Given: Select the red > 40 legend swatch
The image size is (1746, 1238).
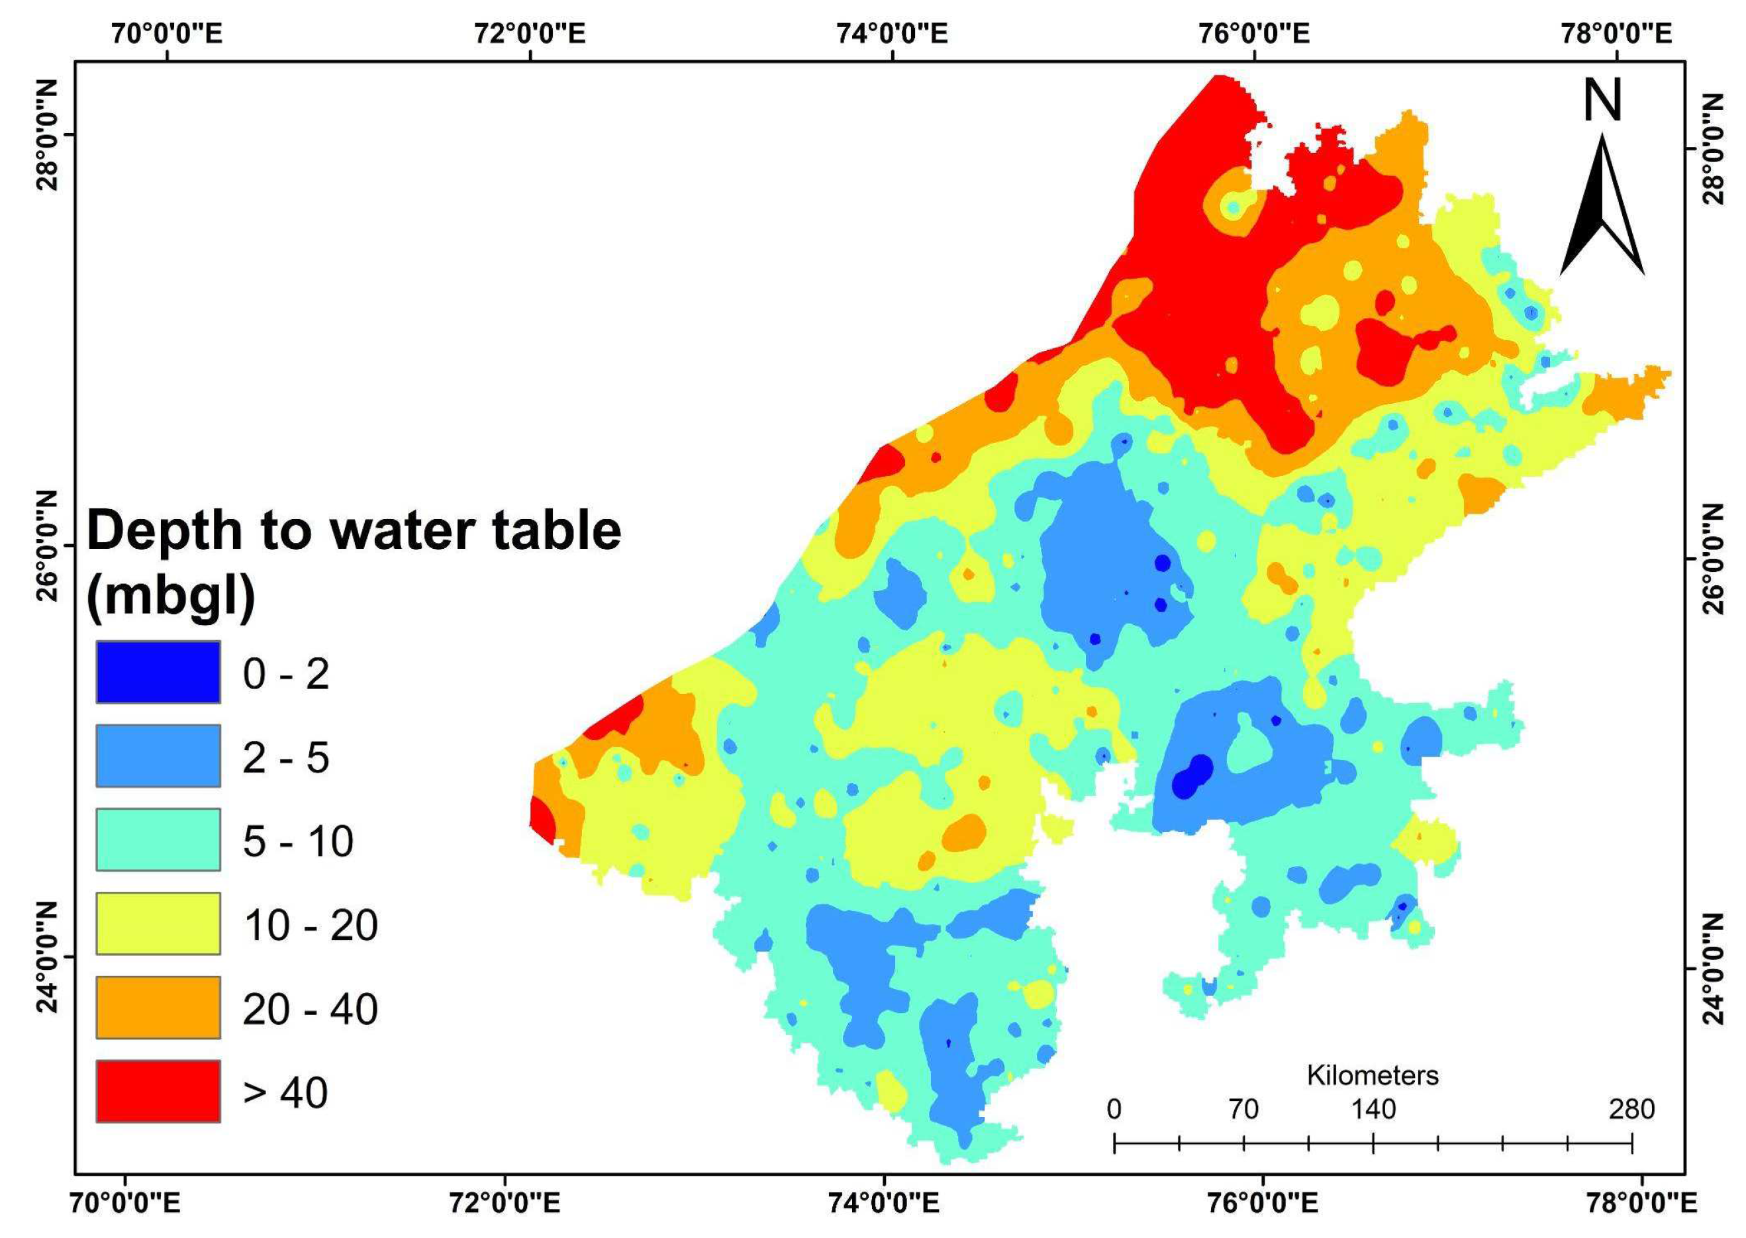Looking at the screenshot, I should coord(158,1091).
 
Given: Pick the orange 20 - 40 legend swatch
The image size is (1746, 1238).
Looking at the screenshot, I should coord(158,1007).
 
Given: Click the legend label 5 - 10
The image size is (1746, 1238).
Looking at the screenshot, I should coord(298,841).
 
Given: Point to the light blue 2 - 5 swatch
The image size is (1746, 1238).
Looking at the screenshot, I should coord(158,755).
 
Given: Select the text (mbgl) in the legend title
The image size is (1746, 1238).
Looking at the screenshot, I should coord(171,597).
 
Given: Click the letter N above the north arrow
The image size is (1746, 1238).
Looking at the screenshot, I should coord(1602,102).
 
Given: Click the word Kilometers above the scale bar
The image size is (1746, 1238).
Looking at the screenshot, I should coord(1373,1075).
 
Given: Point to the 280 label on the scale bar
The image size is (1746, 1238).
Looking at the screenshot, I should coord(1631,1108).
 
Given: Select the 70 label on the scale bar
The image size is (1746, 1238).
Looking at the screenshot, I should coord(1243,1108).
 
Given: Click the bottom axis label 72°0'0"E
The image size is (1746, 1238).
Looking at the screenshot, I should coord(504,1204).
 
